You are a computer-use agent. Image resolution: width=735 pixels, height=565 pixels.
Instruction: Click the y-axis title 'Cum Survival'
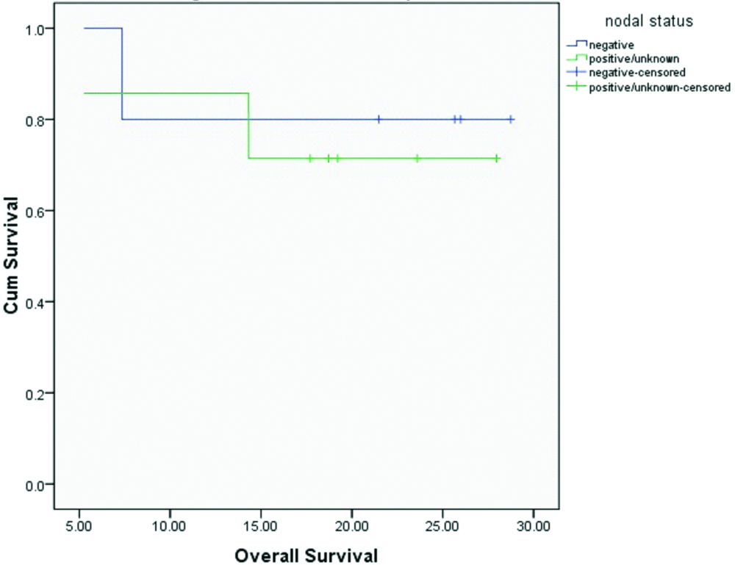pyautogui.click(x=11, y=256)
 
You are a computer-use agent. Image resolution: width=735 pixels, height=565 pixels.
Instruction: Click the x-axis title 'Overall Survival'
pyautogui.click(x=306, y=555)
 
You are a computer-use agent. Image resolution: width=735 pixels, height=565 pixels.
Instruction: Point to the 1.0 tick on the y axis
pyautogui.click(x=36, y=29)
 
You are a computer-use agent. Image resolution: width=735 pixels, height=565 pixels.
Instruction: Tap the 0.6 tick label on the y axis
pyautogui.click(x=36, y=211)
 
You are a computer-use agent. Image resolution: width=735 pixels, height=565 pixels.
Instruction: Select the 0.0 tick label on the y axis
pyautogui.click(x=36, y=484)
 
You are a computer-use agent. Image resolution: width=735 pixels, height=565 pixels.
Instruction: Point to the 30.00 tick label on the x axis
pyautogui.click(x=533, y=526)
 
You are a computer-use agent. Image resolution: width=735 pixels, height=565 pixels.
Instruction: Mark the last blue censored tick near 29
pyautogui.click(x=511, y=119)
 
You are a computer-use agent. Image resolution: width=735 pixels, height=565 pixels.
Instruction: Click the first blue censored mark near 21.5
pyautogui.click(x=379, y=119)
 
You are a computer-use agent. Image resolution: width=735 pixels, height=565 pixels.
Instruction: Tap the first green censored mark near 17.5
pyautogui.click(x=310, y=158)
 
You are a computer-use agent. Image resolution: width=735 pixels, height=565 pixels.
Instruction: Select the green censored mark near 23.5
pyautogui.click(x=417, y=158)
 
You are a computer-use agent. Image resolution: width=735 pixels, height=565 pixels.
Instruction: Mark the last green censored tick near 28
pyautogui.click(x=497, y=158)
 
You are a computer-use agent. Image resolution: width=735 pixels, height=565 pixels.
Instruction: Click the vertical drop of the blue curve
pyautogui.click(x=122, y=73)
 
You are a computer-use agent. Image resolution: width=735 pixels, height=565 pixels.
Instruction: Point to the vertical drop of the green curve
pyautogui.click(x=249, y=126)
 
